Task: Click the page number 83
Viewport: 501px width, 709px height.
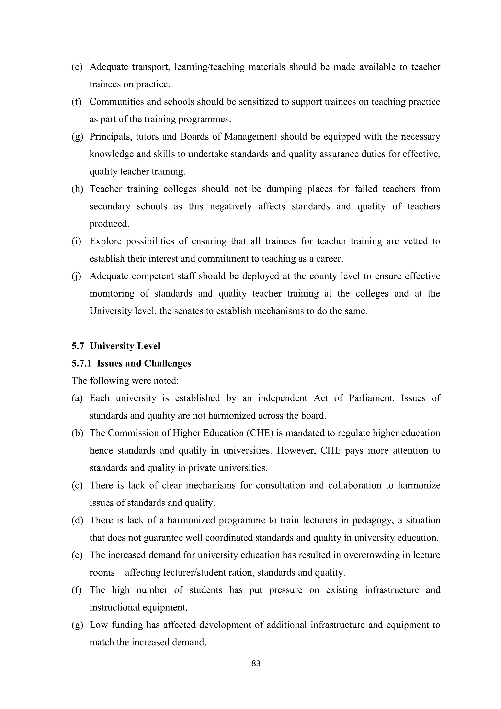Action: (x=256, y=663)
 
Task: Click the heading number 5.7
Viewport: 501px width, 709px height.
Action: (x=78, y=346)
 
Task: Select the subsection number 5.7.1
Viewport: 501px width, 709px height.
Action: (x=81, y=363)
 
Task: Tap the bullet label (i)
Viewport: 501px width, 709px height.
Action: (x=76, y=241)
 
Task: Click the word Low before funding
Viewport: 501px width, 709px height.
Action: (x=98, y=625)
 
